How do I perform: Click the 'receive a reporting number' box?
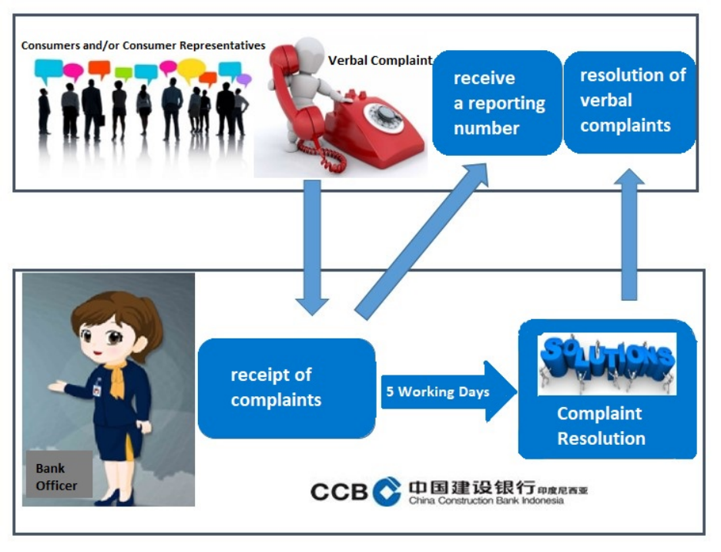[x=497, y=103]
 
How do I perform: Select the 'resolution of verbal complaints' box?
[x=629, y=102]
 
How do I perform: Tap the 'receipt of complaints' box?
[x=287, y=388]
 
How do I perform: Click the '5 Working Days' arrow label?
[x=438, y=392]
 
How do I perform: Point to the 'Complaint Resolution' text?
[x=601, y=426]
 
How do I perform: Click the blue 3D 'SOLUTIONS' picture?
[x=607, y=364]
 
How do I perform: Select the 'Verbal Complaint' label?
[x=380, y=60]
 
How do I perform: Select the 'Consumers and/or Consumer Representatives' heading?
[x=143, y=45]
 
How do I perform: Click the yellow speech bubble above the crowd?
[x=191, y=70]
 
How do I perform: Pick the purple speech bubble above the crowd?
[x=244, y=79]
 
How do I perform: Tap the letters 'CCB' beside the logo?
[x=340, y=492]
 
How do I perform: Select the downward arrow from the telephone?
[x=312, y=247]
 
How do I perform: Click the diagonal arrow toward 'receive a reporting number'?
[x=421, y=241]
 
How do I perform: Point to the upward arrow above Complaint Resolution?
[x=629, y=234]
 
